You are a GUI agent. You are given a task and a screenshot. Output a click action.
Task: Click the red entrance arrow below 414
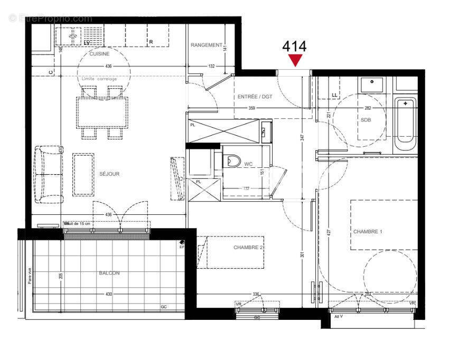tap(295, 60)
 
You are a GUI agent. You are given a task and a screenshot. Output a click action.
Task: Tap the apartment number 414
tap(295, 46)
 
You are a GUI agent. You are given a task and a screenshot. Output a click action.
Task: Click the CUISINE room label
tap(99, 54)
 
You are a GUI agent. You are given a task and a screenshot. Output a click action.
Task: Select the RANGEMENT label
tap(207, 45)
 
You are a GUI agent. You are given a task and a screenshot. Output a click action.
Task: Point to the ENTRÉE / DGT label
tap(255, 97)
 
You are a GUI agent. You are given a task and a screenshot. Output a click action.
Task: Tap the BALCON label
tap(109, 273)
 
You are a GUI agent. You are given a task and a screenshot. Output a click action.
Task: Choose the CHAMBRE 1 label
tap(368, 232)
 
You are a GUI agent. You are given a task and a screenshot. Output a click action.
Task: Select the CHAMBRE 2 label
tap(248, 247)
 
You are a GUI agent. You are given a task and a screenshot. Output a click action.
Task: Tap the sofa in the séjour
tap(46, 175)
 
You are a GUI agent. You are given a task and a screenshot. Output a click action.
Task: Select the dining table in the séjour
tap(103, 112)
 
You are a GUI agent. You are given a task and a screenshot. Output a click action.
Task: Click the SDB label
tap(366, 120)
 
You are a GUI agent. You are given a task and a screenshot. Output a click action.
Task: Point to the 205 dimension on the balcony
tap(62, 276)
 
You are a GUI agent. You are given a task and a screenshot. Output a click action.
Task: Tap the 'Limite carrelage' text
tap(103, 79)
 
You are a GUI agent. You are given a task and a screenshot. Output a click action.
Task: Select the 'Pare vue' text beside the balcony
tap(30, 277)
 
